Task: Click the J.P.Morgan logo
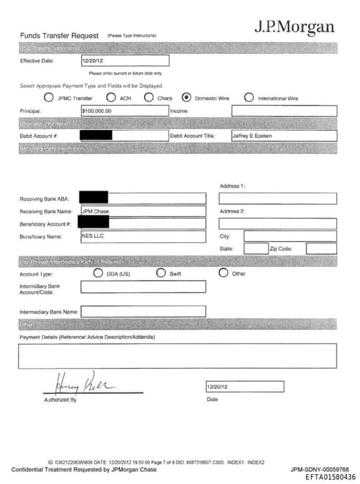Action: click(294, 27)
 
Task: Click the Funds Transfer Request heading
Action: click(59, 35)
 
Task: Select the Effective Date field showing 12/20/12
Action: click(125, 61)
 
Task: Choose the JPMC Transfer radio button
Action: click(49, 98)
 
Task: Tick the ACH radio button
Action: click(110, 98)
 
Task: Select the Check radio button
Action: click(149, 98)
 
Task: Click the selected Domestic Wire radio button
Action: click(186, 98)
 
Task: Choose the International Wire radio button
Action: click(249, 98)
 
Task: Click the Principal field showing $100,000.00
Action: click(125, 111)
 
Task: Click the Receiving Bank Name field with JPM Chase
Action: click(143, 211)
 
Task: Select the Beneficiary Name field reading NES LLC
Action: click(143, 236)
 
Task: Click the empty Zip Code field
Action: click(321, 248)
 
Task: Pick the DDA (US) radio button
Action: click(98, 273)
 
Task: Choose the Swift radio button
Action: click(161, 273)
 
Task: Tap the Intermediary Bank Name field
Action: click(143, 311)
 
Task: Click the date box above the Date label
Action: click(245, 387)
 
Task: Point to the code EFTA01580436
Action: click(330, 477)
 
